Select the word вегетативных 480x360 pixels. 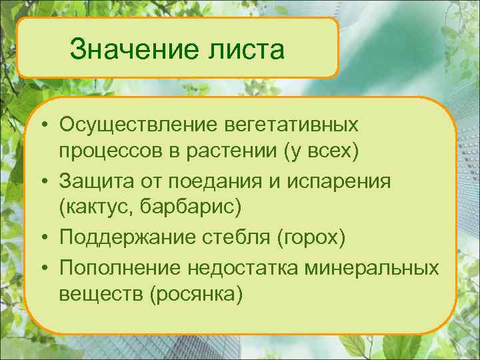point(299,125)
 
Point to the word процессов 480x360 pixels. point(109,153)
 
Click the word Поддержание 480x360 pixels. point(125,237)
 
